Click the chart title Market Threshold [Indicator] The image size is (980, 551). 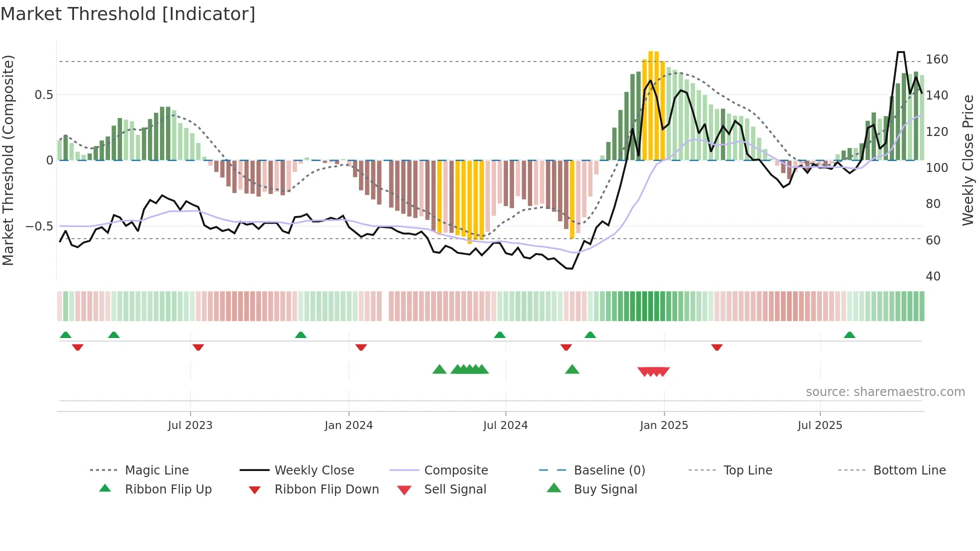pyautogui.click(x=128, y=14)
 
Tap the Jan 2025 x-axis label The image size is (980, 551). pyautogui.click(x=664, y=425)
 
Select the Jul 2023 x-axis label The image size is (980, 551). pyautogui.click(x=190, y=425)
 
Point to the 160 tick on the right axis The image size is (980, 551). pyautogui.click(x=936, y=59)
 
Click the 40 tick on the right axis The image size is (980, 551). pyautogui.click(x=933, y=276)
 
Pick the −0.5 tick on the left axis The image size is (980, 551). pyautogui.click(x=39, y=226)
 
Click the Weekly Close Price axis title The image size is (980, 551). pyautogui.click(x=968, y=160)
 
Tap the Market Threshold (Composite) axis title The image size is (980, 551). pyautogui.click(x=8, y=160)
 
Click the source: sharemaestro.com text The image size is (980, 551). pyautogui.click(x=885, y=392)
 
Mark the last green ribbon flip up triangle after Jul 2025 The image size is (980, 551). pyautogui.click(x=849, y=335)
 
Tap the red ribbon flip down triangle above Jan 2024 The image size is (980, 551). pyautogui.click(x=361, y=347)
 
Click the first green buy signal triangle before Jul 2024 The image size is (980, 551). pyautogui.click(x=439, y=369)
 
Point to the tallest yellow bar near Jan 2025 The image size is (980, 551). pyautogui.click(x=651, y=105)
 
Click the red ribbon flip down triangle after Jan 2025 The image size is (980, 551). pyautogui.click(x=716, y=347)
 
